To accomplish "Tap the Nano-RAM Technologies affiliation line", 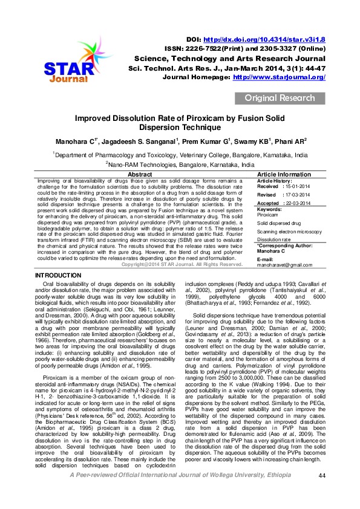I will [180, 163].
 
